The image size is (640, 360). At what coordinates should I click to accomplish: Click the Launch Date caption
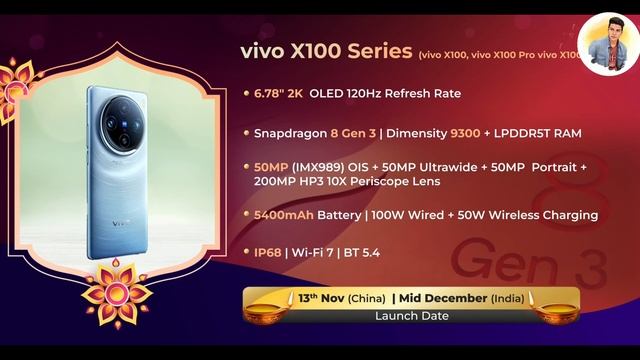coord(409,316)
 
